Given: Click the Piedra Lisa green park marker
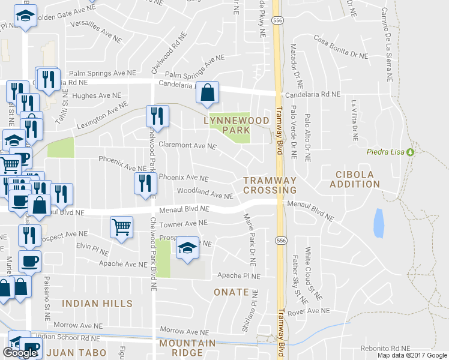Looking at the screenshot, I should point(411,151).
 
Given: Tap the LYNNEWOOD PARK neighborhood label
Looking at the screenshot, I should point(236,125).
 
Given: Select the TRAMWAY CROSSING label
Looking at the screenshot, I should point(270,185).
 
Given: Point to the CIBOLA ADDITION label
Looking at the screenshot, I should point(355,179).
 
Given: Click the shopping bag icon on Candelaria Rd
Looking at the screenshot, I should point(207,93).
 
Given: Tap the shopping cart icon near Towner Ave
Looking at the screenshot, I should point(121,227).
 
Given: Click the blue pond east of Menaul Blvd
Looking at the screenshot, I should point(379,224).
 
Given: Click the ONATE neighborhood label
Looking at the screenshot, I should point(231,292).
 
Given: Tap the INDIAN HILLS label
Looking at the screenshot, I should point(88,304).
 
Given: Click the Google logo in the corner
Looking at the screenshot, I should point(20,353).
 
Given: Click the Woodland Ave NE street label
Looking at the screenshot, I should point(204,194).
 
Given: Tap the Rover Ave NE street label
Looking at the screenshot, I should point(309,311).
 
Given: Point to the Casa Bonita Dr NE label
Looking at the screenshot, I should point(340,47).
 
